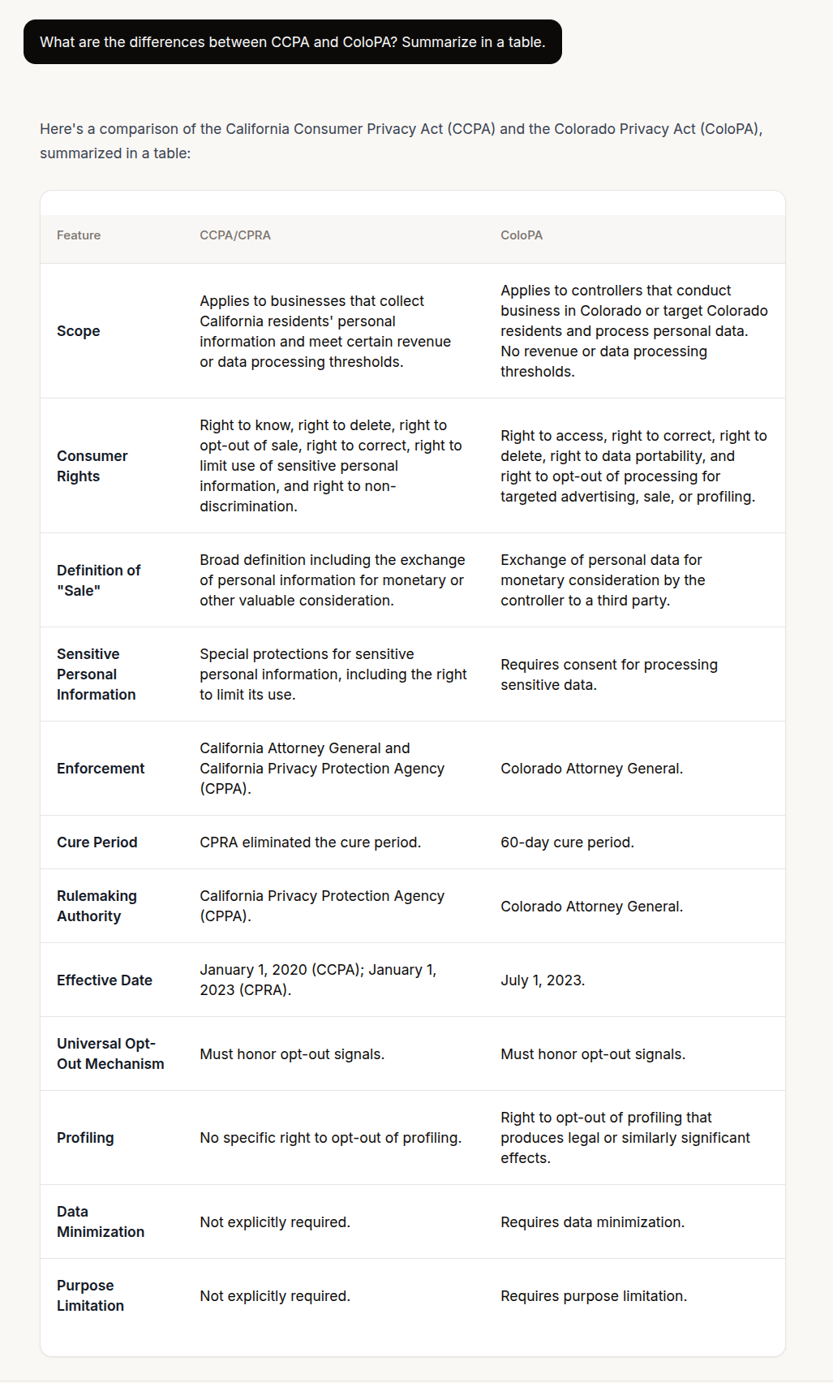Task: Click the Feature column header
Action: point(79,235)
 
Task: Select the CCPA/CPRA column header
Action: point(235,235)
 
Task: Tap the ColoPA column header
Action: point(522,235)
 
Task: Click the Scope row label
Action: point(79,331)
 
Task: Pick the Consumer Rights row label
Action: point(92,466)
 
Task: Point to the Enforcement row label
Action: point(101,769)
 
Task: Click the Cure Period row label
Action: point(97,842)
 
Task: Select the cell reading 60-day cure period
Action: point(567,842)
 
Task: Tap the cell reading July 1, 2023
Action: point(543,980)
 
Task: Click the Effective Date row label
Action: point(105,980)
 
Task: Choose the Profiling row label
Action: point(85,1138)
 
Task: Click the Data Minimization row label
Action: point(101,1221)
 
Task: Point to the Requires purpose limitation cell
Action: point(594,1296)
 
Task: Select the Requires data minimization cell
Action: point(592,1222)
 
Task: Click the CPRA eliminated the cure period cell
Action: point(310,842)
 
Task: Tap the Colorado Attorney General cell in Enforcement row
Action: point(591,769)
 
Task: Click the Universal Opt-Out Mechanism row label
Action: point(110,1053)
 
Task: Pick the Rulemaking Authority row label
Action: point(97,906)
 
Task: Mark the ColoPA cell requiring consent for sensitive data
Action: point(608,674)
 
